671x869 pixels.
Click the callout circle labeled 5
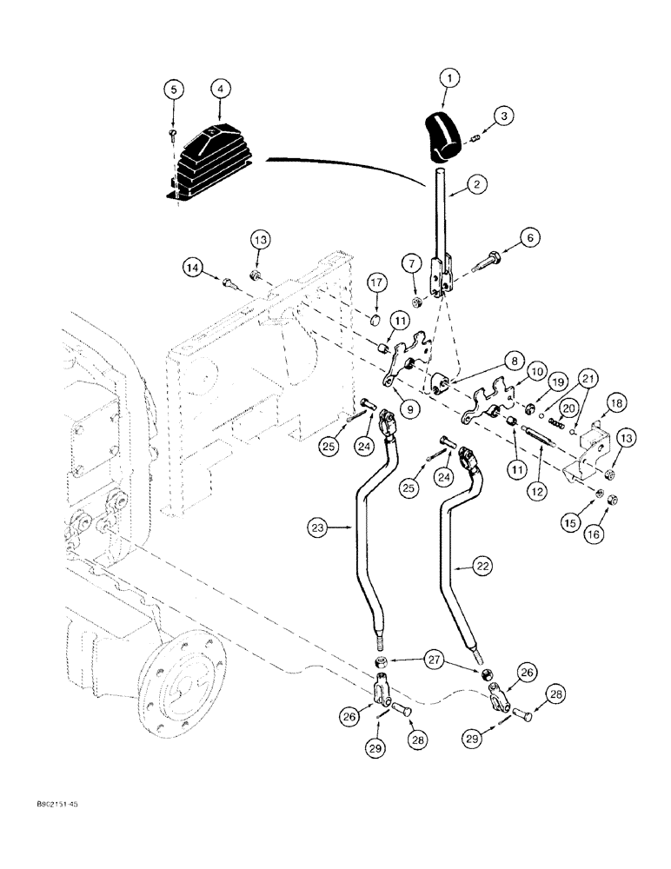(174, 89)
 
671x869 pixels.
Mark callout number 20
(568, 409)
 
